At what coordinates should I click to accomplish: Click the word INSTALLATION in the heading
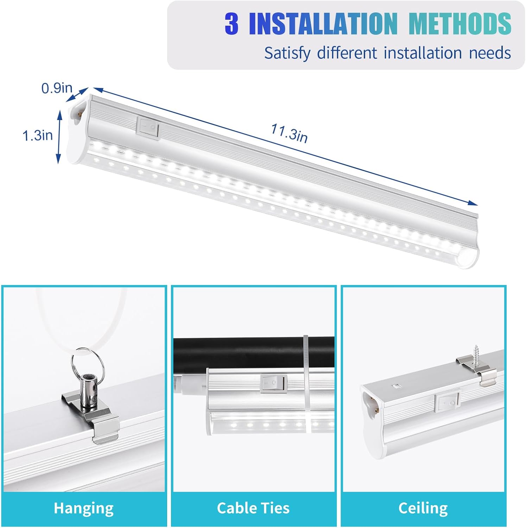click(x=323, y=24)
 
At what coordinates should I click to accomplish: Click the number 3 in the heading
click(x=232, y=24)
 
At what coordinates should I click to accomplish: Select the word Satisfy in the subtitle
click(x=287, y=53)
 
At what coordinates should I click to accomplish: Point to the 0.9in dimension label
click(x=57, y=88)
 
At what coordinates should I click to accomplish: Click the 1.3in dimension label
click(x=38, y=135)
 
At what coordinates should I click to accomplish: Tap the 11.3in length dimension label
click(x=289, y=133)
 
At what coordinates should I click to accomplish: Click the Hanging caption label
click(x=84, y=508)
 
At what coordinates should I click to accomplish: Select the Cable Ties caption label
click(x=253, y=508)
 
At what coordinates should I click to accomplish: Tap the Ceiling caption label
click(x=423, y=508)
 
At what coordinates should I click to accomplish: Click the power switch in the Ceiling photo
click(x=447, y=401)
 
